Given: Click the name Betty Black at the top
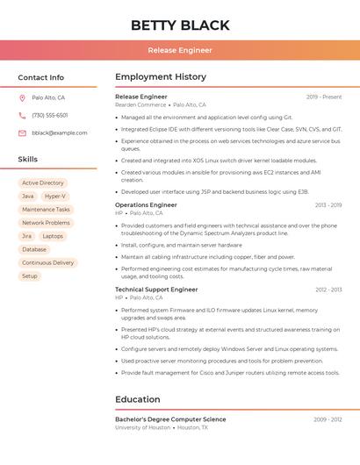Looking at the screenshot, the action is [x=180, y=25].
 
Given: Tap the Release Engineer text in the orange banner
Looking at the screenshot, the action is [x=180, y=51].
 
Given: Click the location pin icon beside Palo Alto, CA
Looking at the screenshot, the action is [x=22, y=98].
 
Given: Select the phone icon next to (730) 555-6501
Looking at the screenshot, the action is [x=22, y=116].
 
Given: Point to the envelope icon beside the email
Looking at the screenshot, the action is [x=22, y=133].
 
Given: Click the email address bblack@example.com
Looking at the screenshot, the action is [x=60, y=133].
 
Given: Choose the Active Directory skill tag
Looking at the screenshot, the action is [x=43, y=183].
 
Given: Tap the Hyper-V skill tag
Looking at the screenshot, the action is [x=55, y=197].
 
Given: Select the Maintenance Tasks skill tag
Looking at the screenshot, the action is [x=46, y=210].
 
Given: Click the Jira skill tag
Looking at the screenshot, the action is [x=26, y=236].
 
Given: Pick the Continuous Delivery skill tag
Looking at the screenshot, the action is [x=48, y=262].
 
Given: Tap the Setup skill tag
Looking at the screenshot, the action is [x=30, y=275].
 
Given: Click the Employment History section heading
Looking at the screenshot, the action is [x=161, y=77].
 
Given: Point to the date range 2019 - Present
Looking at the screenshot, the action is [x=324, y=97].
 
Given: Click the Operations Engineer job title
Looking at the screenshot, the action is [x=146, y=205].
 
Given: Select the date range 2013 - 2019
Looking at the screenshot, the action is [x=328, y=205].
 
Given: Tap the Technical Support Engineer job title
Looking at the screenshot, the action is [x=156, y=290].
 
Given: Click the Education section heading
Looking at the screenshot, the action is [x=138, y=400].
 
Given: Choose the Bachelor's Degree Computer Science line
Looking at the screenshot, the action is [x=170, y=419].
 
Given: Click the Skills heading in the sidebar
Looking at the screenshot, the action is [x=28, y=160].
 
